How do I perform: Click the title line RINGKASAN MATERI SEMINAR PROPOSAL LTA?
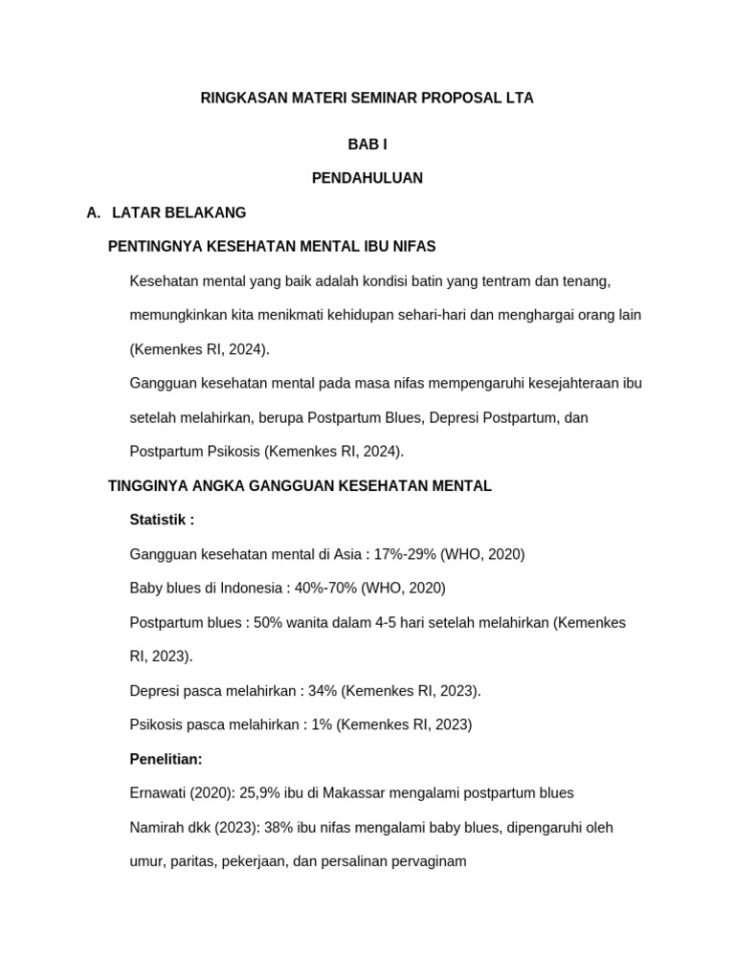pyautogui.click(x=367, y=98)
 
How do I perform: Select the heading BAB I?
pyautogui.click(x=367, y=145)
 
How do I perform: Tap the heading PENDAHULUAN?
pyautogui.click(x=367, y=178)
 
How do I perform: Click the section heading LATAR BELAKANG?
pyautogui.click(x=179, y=212)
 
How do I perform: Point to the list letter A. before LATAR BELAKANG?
pyautogui.click(x=93, y=212)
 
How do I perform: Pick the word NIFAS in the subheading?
pyautogui.click(x=415, y=247)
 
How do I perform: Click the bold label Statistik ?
pyautogui.click(x=162, y=520)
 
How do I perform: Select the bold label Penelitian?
pyautogui.click(x=166, y=759)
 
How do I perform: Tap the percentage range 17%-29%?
pyautogui.click(x=405, y=554)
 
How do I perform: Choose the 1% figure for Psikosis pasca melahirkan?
pyautogui.click(x=321, y=724)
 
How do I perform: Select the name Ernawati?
pyautogui.click(x=159, y=792)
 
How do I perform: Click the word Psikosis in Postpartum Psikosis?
pyautogui.click(x=231, y=452)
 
